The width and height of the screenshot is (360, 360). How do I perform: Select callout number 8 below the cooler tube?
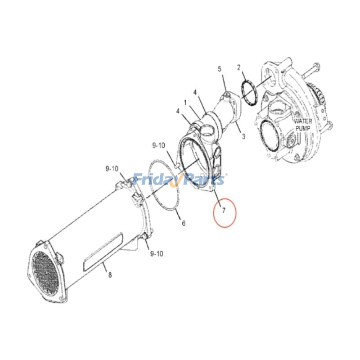[x=110, y=275]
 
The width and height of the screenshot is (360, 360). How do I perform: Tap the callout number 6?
[x=183, y=223]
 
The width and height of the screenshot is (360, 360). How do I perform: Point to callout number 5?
[x=220, y=69]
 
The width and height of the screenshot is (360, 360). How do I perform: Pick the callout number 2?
[x=238, y=68]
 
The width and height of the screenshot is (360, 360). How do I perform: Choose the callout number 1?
[x=185, y=103]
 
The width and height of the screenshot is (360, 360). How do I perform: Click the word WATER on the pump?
[x=303, y=121]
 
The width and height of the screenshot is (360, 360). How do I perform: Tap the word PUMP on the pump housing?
[x=303, y=128]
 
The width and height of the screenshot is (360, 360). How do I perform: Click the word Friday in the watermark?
[x=155, y=180]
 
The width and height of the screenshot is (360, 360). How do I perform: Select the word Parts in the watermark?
[x=205, y=180]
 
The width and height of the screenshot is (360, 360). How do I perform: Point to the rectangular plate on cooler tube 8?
[x=103, y=252]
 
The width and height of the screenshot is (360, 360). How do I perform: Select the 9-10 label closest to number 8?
[x=156, y=254]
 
